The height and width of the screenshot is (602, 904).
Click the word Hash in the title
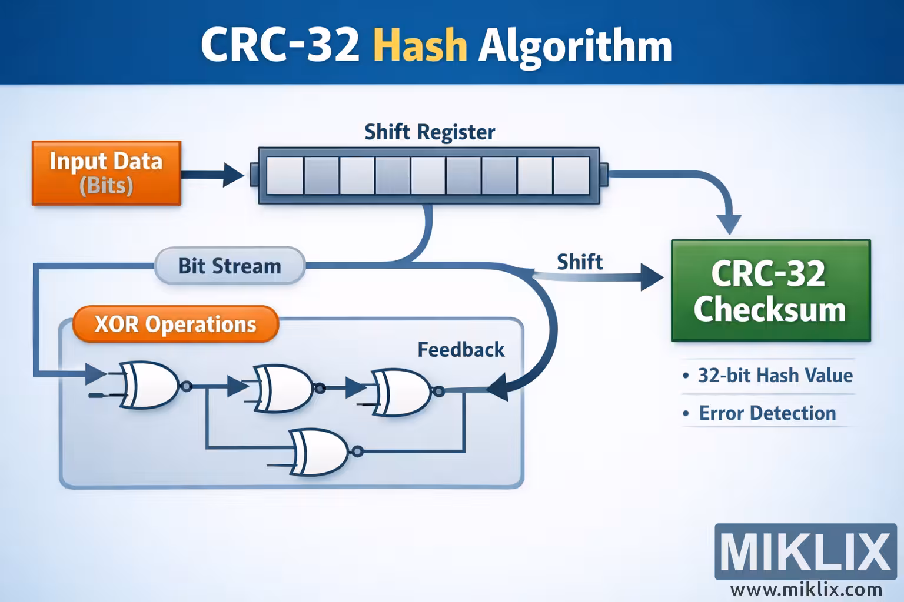click(x=420, y=45)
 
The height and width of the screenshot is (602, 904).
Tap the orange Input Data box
click(x=106, y=173)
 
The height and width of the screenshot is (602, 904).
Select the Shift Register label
click(x=429, y=132)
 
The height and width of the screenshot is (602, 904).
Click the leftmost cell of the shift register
click(x=285, y=175)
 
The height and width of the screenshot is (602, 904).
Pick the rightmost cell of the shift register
click(x=571, y=175)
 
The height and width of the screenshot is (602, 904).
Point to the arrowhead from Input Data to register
click(x=234, y=175)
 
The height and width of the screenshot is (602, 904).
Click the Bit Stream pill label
click(x=230, y=266)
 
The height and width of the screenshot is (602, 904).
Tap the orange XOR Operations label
click(x=175, y=324)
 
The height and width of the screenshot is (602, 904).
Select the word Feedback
click(x=461, y=350)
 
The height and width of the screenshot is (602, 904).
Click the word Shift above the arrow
click(x=580, y=262)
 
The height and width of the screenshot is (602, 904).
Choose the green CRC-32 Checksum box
click(x=770, y=290)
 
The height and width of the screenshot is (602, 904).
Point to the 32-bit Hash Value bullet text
click(x=775, y=375)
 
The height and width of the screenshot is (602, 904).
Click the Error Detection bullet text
click(x=767, y=413)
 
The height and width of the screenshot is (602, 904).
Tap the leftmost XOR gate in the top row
click(x=150, y=385)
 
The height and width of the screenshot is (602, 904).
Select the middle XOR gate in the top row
click(x=283, y=387)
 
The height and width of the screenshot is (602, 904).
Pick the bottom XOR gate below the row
click(x=318, y=451)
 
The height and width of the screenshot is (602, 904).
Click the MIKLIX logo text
click(x=805, y=551)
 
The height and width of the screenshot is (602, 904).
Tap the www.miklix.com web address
click(x=806, y=589)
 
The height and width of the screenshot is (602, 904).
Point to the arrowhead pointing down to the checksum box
click(x=730, y=225)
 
